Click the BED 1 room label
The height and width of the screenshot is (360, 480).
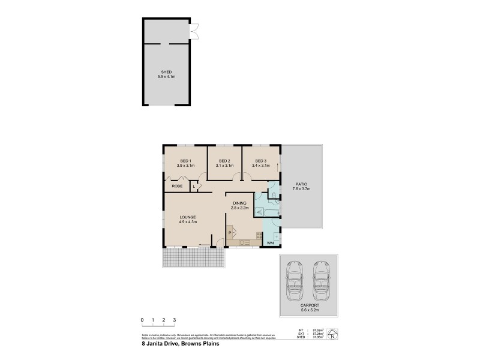click(185, 161)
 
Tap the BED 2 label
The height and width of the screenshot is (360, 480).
click(224, 161)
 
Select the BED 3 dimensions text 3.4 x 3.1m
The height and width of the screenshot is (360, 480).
click(260, 166)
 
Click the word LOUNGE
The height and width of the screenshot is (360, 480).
click(188, 217)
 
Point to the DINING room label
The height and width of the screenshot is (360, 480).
click(240, 203)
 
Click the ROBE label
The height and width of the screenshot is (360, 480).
click(177, 187)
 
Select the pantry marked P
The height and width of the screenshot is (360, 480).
click(230, 232)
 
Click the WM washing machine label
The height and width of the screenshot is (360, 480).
click(270, 242)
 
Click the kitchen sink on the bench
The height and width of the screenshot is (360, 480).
click(244, 242)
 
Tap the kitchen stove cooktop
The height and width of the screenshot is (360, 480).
click(259, 235)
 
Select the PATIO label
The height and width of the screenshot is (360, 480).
click(301, 184)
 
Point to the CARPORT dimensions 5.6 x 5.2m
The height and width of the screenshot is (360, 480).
click(309, 310)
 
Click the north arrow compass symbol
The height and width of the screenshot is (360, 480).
click(332, 334)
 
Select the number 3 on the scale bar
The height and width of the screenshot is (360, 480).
click(174, 320)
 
